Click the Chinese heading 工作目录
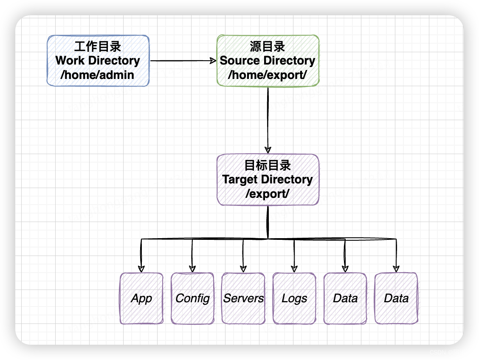(x=98, y=46)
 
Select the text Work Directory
(x=98, y=61)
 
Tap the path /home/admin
(x=98, y=75)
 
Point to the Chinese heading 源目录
(x=268, y=46)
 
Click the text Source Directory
(x=268, y=61)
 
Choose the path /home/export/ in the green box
(x=268, y=75)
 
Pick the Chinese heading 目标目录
(x=268, y=165)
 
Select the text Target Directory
(x=268, y=180)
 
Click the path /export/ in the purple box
(x=268, y=194)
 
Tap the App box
(x=141, y=298)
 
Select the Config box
(x=192, y=298)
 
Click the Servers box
(x=243, y=298)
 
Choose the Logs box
(x=294, y=298)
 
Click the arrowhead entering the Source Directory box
(x=214, y=61)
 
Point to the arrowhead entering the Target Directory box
(x=268, y=149)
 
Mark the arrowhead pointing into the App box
(x=141, y=268)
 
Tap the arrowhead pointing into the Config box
(x=192, y=268)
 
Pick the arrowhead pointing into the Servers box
(x=243, y=268)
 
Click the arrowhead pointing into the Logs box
(x=294, y=268)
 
